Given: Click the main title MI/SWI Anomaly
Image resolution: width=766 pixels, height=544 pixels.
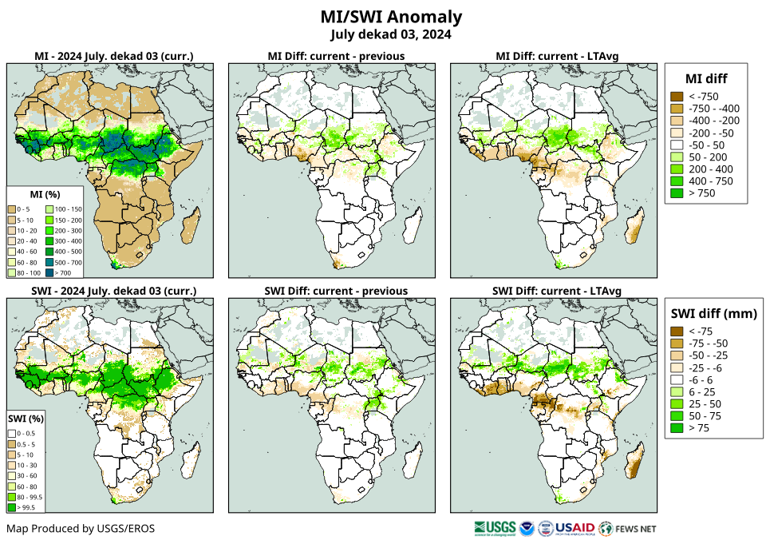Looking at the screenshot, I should click(x=391, y=17).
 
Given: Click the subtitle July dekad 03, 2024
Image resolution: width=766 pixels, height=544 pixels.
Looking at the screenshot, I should click(x=391, y=34).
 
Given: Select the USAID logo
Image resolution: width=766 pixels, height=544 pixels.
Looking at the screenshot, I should click(x=574, y=529).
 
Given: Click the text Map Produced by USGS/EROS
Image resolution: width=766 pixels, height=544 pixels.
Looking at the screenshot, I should click(x=81, y=529).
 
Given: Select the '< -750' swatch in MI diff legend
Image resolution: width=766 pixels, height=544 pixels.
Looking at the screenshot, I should click(x=676, y=97).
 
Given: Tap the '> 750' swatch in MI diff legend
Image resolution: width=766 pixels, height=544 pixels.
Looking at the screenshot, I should click(x=676, y=193).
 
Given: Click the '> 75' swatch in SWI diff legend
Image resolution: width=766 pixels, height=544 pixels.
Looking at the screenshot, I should click(x=676, y=428).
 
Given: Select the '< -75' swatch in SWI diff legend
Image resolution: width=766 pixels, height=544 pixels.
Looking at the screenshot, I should click(x=676, y=332).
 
